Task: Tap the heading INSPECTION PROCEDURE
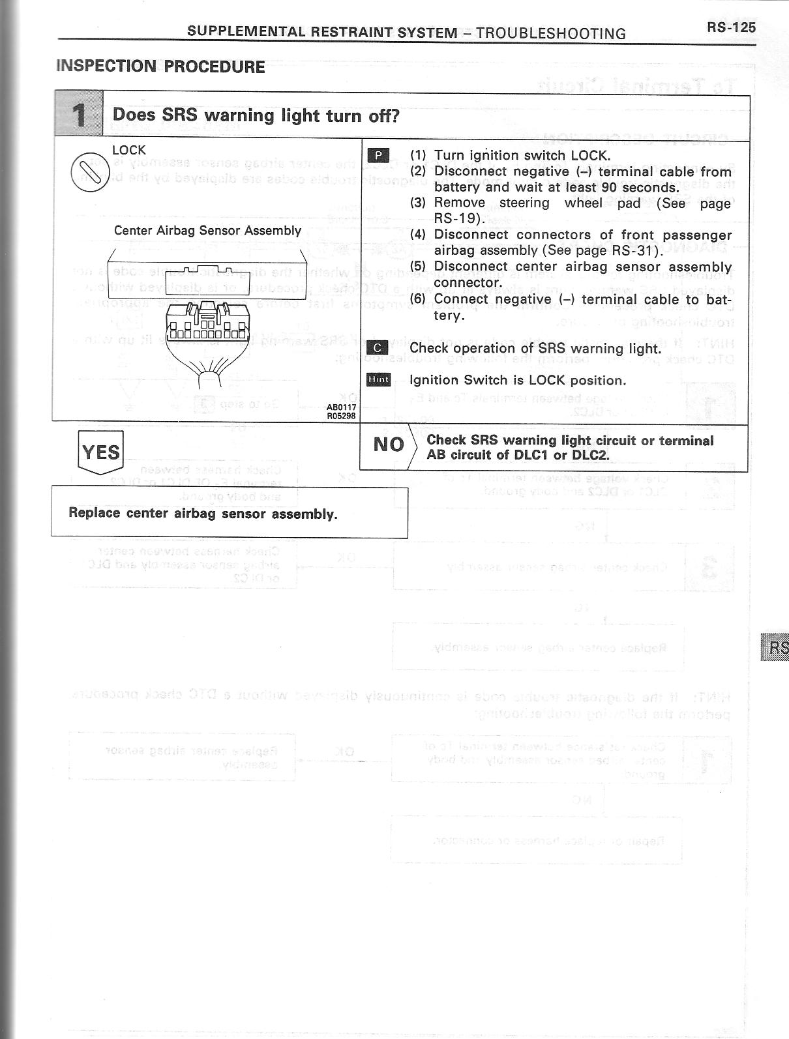(160, 66)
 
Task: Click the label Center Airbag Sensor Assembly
(207, 230)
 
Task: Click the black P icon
(378, 155)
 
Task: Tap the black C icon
(378, 348)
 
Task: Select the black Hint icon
(378, 380)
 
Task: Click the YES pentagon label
(100, 451)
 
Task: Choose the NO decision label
(389, 445)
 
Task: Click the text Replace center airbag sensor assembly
(203, 513)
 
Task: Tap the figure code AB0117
(341, 407)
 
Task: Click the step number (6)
(418, 299)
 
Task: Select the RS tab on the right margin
(777, 647)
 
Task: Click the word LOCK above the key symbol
(129, 150)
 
